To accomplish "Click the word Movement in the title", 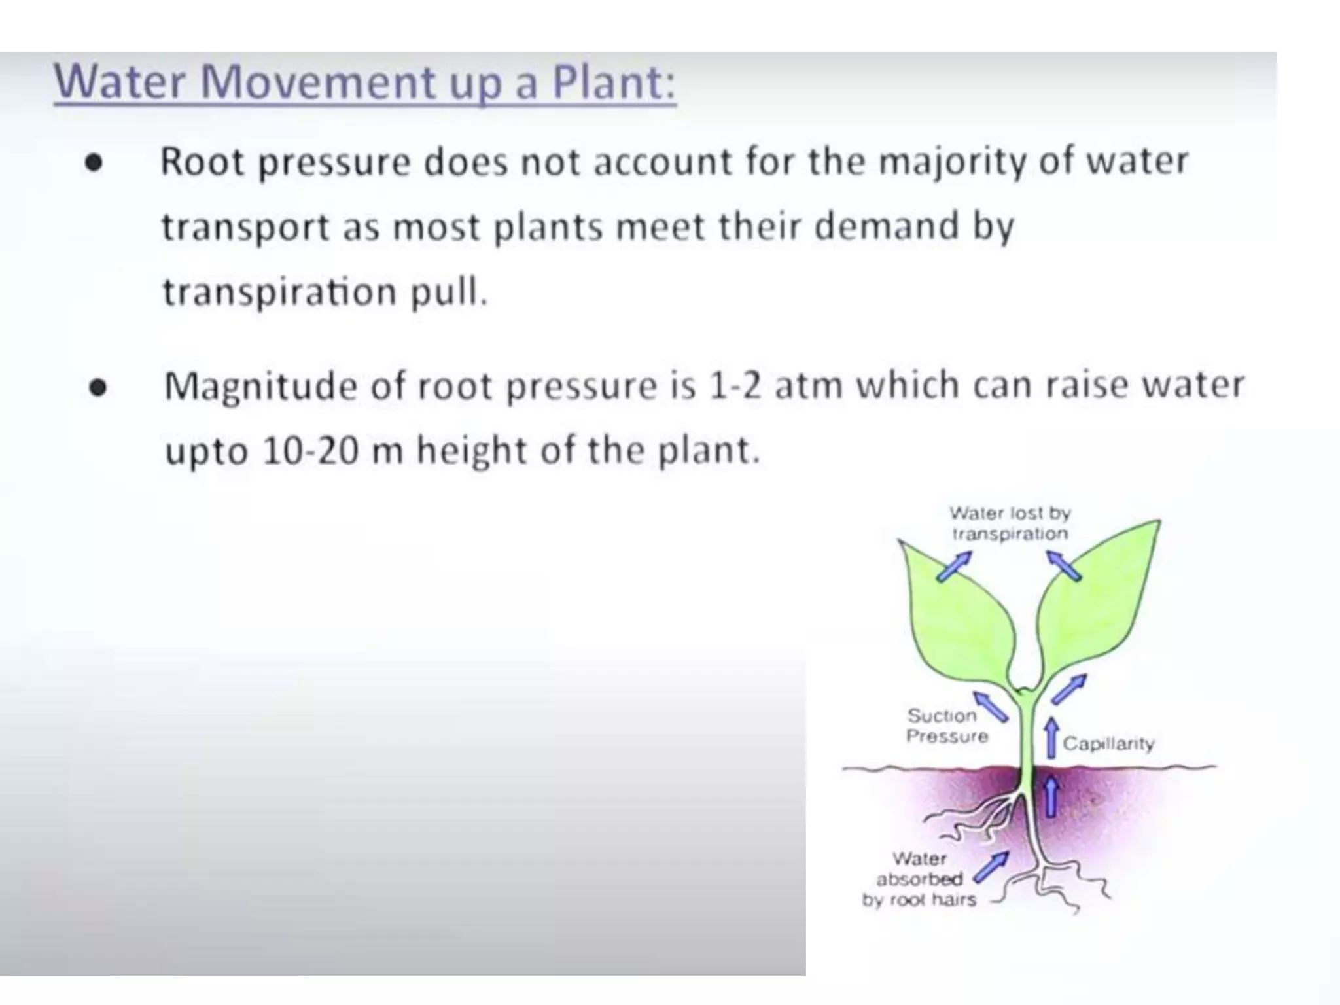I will pyautogui.click(x=317, y=82).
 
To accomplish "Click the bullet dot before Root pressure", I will pyautogui.click(x=94, y=163).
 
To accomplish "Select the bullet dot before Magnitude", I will pyautogui.click(x=97, y=387).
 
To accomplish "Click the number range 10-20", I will pyautogui.click(x=310, y=451).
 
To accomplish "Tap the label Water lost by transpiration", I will pyautogui.click(x=1010, y=523).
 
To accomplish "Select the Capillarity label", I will pyautogui.click(x=1108, y=744).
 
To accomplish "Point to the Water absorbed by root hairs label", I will pyautogui.click(x=919, y=879).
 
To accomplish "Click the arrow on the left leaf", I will pyautogui.click(x=954, y=566).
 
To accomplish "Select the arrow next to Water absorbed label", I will pyautogui.click(x=991, y=868).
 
